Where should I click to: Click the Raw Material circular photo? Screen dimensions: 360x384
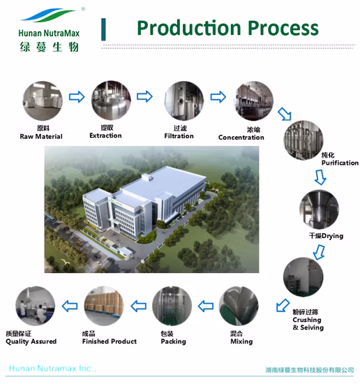pyautogui.click(x=43, y=101)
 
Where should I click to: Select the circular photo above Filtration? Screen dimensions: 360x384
pyautogui.click(x=183, y=101)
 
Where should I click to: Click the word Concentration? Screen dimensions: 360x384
pyautogui.click(x=241, y=138)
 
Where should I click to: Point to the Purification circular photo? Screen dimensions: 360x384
pyautogui.click(x=303, y=140)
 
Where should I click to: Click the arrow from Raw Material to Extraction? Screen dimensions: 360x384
pyautogui.click(x=77, y=97)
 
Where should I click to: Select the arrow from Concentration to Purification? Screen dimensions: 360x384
pyautogui.click(x=285, y=114)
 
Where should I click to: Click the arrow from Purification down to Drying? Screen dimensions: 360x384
pyautogui.click(x=320, y=177)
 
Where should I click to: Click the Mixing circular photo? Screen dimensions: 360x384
pyautogui.click(x=239, y=306)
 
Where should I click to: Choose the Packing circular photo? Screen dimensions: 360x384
pyautogui.click(x=172, y=306)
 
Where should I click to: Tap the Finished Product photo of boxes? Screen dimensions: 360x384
pyautogui.click(x=104, y=306)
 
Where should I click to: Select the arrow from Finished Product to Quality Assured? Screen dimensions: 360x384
pyautogui.click(x=70, y=306)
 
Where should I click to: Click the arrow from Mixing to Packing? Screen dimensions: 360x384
pyautogui.click(x=206, y=306)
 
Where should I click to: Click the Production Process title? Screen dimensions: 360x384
pyautogui.click(x=227, y=28)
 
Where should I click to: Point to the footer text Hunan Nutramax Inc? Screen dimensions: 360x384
pyautogui.click(x=52, y=369)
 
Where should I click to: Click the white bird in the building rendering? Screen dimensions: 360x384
pyautogui.click(x=66, y=262)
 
